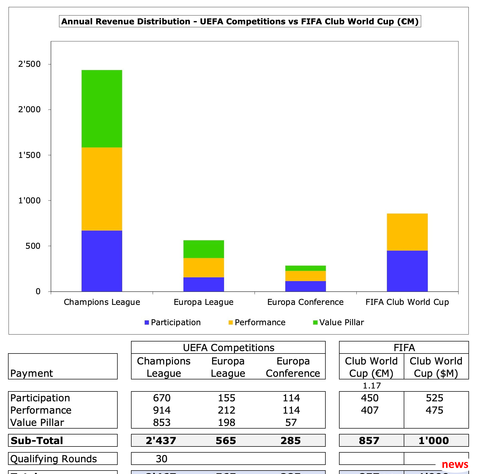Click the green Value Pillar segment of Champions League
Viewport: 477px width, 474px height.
102,108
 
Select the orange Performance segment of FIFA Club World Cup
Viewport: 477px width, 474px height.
407,232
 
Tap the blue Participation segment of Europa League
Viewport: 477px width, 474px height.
203,284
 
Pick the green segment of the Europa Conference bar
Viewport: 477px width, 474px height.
305,268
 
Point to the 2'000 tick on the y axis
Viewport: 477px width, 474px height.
29,109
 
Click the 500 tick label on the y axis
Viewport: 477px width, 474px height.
33,246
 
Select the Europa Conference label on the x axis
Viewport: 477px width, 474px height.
305,302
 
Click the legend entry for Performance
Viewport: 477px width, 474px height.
260,322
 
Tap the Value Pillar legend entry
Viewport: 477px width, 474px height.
341,322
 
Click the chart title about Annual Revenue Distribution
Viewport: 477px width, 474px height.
240,21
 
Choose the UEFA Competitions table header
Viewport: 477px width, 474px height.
229,348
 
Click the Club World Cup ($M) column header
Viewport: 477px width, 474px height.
436,367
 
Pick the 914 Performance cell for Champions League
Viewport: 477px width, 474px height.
162,410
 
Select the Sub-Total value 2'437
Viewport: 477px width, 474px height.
161,441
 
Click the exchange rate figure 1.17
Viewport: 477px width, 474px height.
372,386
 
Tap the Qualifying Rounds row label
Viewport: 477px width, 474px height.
53,459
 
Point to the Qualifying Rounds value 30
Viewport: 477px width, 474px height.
161,459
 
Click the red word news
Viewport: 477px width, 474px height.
455,464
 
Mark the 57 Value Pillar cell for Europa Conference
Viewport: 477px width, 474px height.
291,422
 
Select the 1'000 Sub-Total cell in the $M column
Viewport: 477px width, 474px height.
434,441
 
